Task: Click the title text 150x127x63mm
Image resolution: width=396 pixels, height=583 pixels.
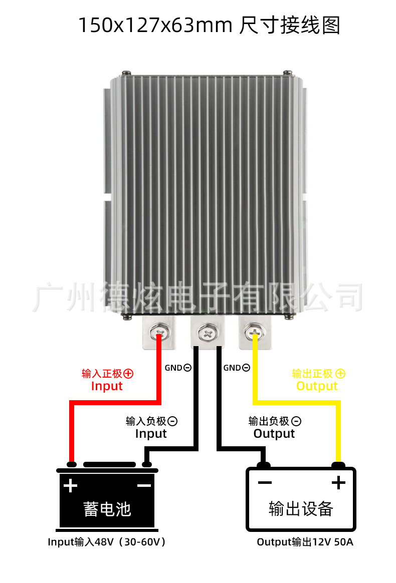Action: pyautogui.click(x=155, y=25)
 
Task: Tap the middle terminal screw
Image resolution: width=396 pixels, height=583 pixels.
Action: pyautogui.click(x=208, y=332)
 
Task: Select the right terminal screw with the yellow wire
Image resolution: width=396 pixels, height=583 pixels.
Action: pyautogui.click(x=254, y=332)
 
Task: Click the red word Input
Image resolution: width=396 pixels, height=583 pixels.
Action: pyautogui.click(x=107, y=386)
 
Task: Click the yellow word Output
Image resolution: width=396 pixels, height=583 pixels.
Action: pyautogui.click(x=317, y=386)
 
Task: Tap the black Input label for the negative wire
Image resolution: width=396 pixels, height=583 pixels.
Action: pyautogui.click(x=151, y=434)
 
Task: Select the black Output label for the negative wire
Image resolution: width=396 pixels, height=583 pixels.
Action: pyautogui.click(x=274, y=434)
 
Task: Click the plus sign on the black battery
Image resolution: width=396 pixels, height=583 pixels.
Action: pyautogui.click(x=70, y=486)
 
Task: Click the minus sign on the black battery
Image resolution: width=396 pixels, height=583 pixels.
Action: pyautogui.click(x=144, y=486)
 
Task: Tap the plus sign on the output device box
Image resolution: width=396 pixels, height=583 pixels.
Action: pyautogui.click(x=338, y=483)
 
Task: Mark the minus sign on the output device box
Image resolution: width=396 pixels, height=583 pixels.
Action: pyautogui.click(x=265, y=483)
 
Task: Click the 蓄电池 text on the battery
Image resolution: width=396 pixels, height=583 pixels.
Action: pyautogui.click(x=107, y=509)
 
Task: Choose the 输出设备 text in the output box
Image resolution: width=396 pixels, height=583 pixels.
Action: pyautogui.click(x=301, y=509)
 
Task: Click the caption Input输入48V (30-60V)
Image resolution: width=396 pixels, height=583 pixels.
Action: pyautogui.click(x=107, y=542)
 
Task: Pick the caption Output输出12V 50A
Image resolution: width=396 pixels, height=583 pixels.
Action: pyautogui.click(x=305, y=542)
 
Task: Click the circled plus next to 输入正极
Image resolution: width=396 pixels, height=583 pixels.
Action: pyautogui.click(x=128, y=374)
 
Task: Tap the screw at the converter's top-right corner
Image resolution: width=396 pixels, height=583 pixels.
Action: pyautogui.click(x=288, y=73)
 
